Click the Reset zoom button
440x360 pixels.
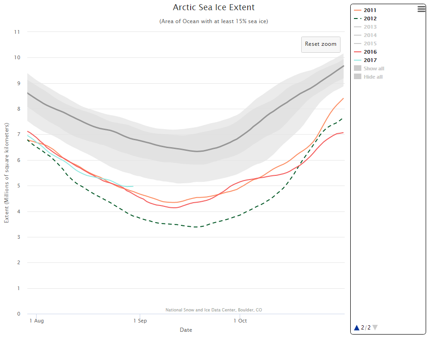[x=321, y=44]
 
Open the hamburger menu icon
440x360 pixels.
[x=421, y=9]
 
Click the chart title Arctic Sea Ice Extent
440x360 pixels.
[x=214, y=7]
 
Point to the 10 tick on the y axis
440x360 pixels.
[x=17, y=58]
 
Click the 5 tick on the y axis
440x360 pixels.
[x=19, y=186]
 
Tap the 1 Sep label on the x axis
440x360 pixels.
[x=140, y=321]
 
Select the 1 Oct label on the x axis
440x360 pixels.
[x=240, y=321]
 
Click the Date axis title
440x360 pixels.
[x=186, y=330]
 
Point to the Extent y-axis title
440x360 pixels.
[x=6, y=173]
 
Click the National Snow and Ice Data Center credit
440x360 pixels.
[x=214, y=310]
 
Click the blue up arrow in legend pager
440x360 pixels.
[x=357, y=328]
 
